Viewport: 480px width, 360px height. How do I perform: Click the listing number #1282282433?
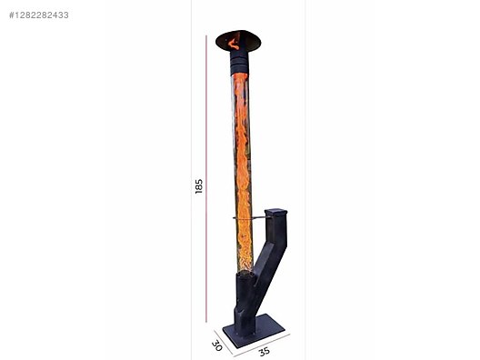(x=39, y=15)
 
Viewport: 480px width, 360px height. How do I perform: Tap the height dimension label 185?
(x=199, y=186)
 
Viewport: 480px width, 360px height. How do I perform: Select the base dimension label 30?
(x=216, y=345)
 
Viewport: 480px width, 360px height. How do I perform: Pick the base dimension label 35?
(x=265, y=352)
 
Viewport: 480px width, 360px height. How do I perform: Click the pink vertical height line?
(x=206, y=179)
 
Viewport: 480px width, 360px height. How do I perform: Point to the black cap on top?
(x=238, y=41)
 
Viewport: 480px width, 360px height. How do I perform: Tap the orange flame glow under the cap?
(x=235, y=43)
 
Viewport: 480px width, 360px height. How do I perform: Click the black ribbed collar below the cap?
(x=239, y=63)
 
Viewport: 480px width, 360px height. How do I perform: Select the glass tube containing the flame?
(x=242, y=173)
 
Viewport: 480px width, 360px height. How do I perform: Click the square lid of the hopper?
(x=275, y=212)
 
